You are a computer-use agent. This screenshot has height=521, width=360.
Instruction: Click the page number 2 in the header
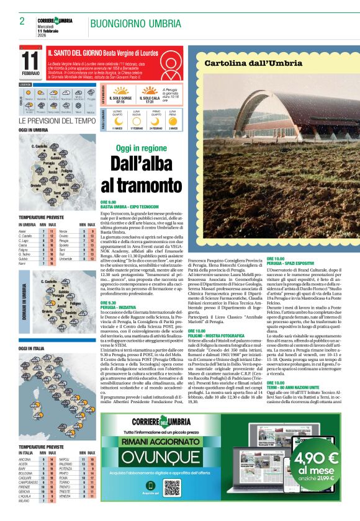(22, 21)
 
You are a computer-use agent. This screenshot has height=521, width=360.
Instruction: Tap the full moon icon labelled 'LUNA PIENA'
(174, 120)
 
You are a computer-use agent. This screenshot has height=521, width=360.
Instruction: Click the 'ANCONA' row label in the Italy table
(25, 460)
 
